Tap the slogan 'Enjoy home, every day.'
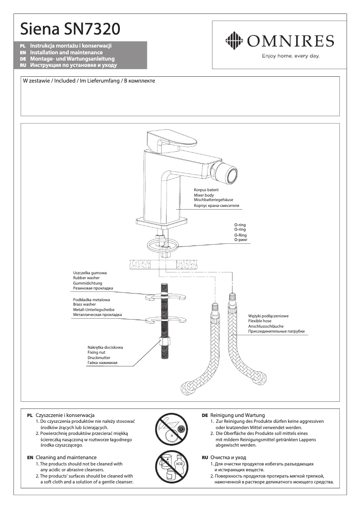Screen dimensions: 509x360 click(x=290, y=56)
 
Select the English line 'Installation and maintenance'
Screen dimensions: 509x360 click(x=66, y=53)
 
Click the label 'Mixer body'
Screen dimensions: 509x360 click(x=204, y=195)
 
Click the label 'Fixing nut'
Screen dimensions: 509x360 click(x=96, y=353)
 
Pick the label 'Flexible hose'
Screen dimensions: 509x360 click(x=260, y=321)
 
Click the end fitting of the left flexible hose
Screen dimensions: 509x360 click(x=188, y=387)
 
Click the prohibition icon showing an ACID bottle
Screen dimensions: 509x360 click(x=170, y=468)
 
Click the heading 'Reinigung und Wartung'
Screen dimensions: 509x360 click(x=237, y=415)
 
